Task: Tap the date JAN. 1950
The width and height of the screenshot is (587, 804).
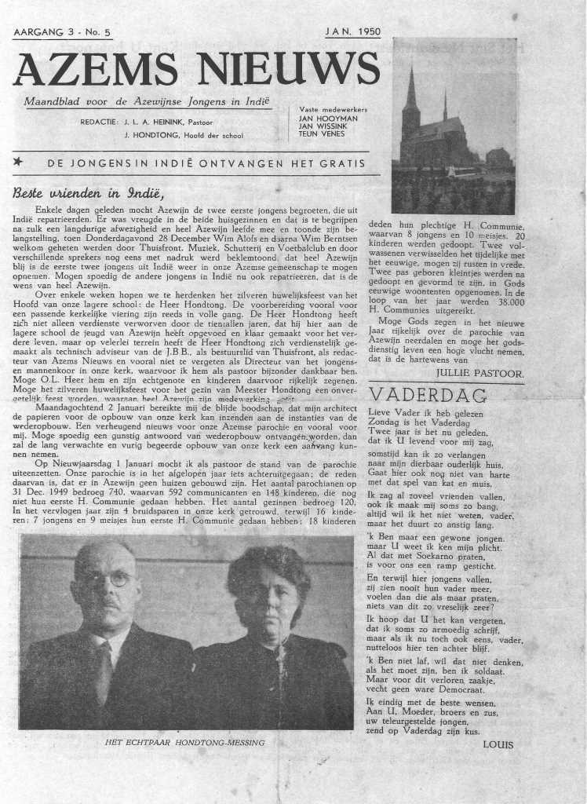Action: coord(352,33)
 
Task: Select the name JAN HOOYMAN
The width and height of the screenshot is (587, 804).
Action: coord(328,118)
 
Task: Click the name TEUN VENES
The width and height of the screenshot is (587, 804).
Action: coord(323,133)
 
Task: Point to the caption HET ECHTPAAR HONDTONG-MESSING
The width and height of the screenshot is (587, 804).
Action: coord(185,740)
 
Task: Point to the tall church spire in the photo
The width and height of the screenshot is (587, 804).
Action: coord(411,98)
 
